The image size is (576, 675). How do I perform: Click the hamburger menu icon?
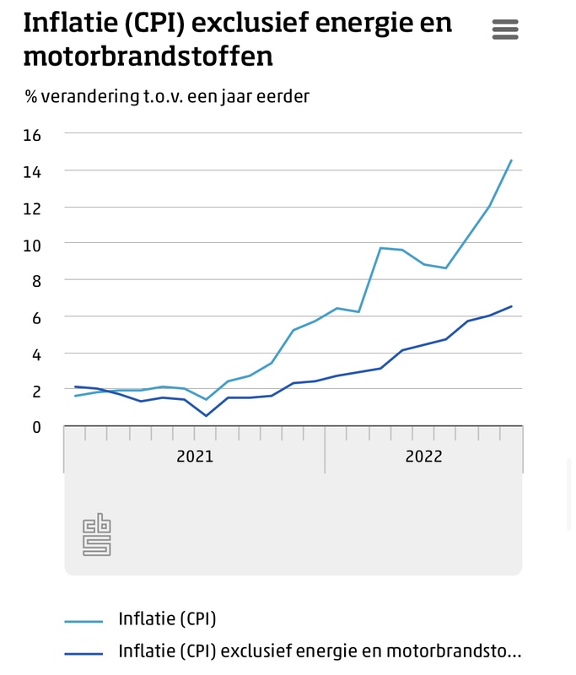(505, 30)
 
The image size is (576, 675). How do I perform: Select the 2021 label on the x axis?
(195, 456)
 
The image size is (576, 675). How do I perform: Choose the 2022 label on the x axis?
(423, 456)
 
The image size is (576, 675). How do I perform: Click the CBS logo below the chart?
(96, 535)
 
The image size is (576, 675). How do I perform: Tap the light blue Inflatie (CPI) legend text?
(168, 619)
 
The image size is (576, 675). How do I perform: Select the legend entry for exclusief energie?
(320, 651)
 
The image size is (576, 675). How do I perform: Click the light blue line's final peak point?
(511, 159)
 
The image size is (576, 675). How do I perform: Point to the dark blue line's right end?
(511, 306)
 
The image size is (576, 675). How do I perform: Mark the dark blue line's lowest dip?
(207, 415)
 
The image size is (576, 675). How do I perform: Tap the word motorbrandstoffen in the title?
(148, 57)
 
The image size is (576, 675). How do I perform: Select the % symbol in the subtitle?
(31, 96)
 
